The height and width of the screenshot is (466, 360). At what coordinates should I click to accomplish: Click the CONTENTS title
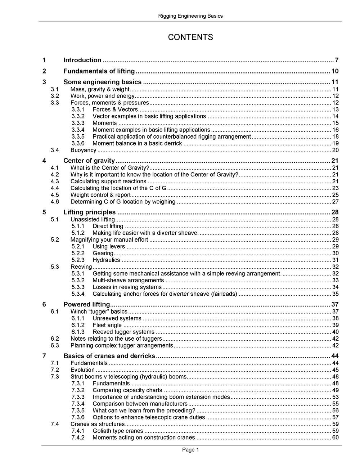[x=190, y=37]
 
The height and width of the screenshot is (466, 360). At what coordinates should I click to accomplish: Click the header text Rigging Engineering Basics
[x=190, y=16]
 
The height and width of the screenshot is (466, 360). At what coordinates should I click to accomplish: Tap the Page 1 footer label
[x=190, y=450]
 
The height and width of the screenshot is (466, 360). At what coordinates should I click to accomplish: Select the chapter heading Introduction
[x=82, y=61]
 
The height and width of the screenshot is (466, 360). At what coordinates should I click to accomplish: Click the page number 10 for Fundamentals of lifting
[x=335, y=71]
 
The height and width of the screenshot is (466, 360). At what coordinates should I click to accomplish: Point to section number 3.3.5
[x=78, y=137]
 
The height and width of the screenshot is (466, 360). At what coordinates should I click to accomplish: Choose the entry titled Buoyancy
[x=83, y=151]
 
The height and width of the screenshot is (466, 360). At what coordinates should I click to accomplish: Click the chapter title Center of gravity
[x=89, y=161]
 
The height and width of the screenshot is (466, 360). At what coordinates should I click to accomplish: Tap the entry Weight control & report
[x=100, y=195]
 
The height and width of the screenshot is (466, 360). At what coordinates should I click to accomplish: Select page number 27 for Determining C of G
[x=335, y=202]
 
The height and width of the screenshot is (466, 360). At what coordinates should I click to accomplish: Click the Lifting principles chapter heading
[x=89, y=212]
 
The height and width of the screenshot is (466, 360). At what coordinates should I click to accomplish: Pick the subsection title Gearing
[x=103, y=254]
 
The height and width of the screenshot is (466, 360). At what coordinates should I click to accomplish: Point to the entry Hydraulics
[x=106, y=260]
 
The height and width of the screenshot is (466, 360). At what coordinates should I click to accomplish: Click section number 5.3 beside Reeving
[x=55, y=267]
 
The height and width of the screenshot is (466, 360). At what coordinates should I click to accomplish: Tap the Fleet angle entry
[x=107, y=325]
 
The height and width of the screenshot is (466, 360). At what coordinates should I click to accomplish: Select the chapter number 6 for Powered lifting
[x=44, y=305]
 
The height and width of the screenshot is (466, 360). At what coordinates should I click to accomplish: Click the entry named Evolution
[x=82, y=370]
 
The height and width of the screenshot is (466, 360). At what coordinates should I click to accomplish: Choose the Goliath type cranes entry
[x=118, y=431]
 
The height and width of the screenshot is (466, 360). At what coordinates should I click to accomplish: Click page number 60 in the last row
[x=335, y=438]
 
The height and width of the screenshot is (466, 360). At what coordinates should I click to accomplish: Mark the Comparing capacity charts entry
[x=127, y=390]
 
